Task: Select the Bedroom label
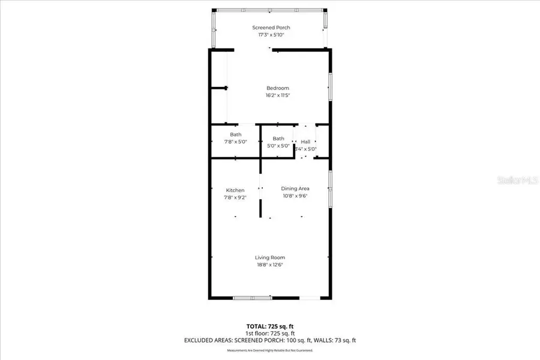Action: pos(278,88)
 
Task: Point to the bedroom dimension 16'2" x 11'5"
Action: pos(278,95)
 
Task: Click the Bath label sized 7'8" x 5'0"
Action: pos(235,134)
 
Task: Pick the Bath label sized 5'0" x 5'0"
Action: pos(278,139)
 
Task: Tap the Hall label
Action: pos(305,142)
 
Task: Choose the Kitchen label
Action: pos(235,190)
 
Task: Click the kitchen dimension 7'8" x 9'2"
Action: pos(235,197)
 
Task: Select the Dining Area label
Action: pos(295,188)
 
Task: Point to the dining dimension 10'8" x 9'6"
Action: pos(295,196)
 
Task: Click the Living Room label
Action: pos(270,257)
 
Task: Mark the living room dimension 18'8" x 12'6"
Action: pos(270,265)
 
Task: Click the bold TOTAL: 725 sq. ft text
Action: pos(270,326)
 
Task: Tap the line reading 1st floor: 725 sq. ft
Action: pos(270,333)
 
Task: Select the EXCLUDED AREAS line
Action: pos(270,340)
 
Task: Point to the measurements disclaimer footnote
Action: pos(270,350)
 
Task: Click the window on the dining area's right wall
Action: pos(329,189)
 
